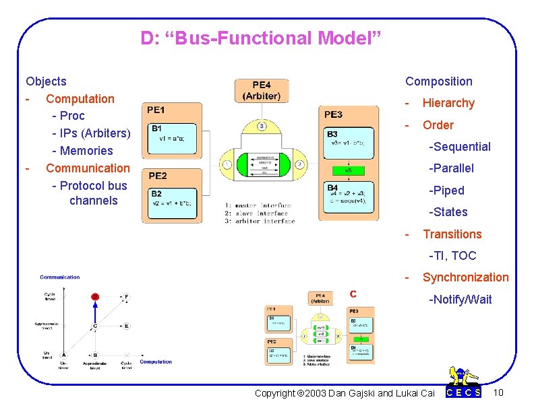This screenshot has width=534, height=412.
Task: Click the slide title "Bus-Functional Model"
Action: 261,38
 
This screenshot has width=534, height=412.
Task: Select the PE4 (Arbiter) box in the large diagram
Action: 262,91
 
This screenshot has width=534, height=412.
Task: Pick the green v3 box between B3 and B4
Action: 349,170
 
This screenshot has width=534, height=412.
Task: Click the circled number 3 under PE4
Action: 262,125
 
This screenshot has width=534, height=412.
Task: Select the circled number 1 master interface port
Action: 227,164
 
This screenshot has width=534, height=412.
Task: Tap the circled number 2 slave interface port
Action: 299,164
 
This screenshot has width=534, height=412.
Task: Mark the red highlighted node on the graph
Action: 95,296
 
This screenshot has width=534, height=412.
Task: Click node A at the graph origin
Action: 63,355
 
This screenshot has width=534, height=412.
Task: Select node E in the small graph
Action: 126,326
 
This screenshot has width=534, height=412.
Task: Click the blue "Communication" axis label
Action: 59,277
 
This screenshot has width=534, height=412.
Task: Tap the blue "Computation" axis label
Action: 156,362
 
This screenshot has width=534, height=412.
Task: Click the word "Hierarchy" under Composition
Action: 448,103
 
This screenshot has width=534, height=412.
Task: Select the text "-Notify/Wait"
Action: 461,300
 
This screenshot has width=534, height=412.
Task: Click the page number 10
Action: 498,392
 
